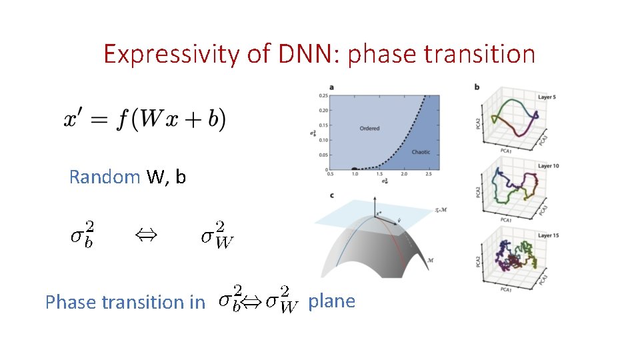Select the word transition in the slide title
point(488,54)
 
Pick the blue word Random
point(105,177)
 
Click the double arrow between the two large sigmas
point(143,234)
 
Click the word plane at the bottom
point(331,301)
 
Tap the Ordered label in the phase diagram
point(369,128)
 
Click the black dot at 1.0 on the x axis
point(355,169)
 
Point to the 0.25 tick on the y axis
point(323,95)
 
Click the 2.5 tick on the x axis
point(427,175)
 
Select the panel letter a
point(331,87)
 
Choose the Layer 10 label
point(549,165)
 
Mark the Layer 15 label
point(549,234)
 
